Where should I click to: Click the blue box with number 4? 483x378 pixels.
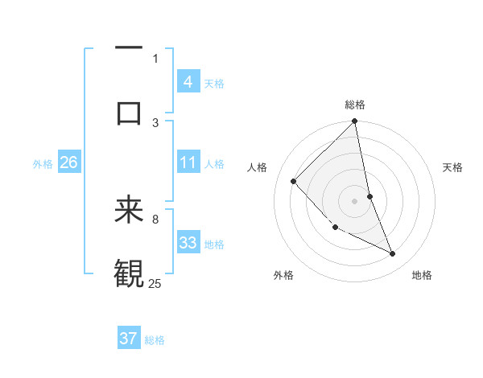tap(188, 81)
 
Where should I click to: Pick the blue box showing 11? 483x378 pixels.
tap(188, 163)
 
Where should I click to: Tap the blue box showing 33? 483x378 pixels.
tap(188, 243)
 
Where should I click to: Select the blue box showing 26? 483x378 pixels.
tap(68, 163)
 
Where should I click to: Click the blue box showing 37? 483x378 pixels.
tap(128, 339)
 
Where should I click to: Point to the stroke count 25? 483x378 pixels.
tap(155, 283)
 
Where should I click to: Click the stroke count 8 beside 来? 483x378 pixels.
tap(155, 218)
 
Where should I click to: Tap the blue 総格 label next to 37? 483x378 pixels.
tap(155, 340)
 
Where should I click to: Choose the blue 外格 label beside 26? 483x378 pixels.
tap(43, 164)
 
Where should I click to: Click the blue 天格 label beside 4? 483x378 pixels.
tap(214, 83)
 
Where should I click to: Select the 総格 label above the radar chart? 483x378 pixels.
tap(355, 105)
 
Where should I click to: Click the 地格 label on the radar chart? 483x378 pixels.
tap(422, 275)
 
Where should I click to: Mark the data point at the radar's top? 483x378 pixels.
tap(354, 122)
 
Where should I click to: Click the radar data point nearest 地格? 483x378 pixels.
tap(393, 253)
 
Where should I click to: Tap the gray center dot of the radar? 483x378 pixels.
tap(354, 200)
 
